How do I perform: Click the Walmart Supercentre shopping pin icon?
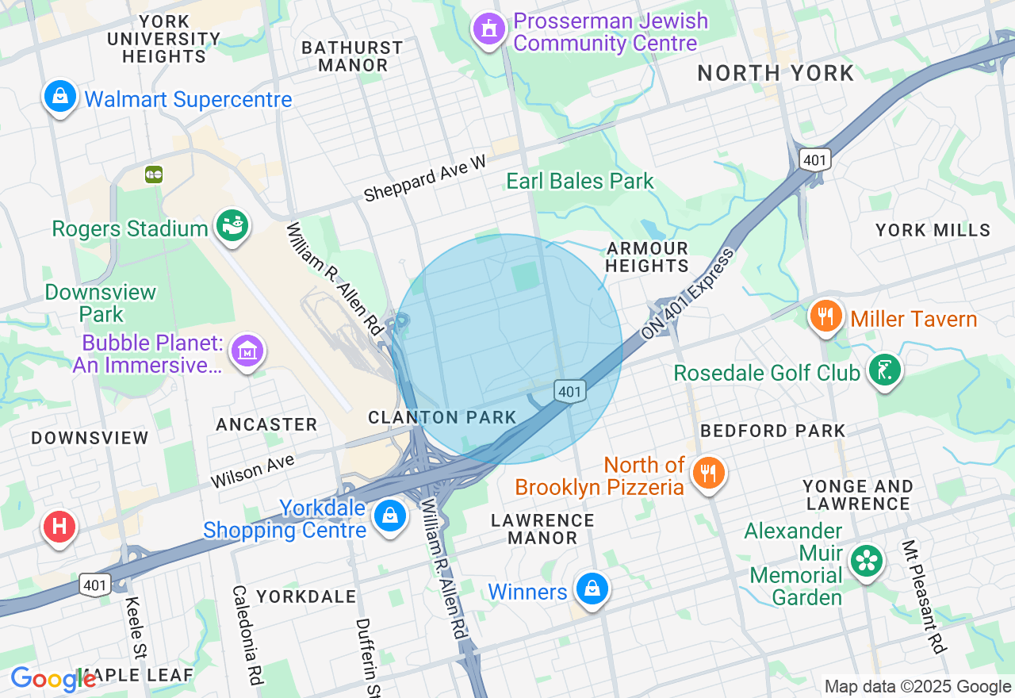[59, 97]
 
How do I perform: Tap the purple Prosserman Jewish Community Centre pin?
[489, 29]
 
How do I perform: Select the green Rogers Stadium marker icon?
[232, 225]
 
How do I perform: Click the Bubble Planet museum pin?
[247, 350]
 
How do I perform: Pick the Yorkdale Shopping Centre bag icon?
[389, 516]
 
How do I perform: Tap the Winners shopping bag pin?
[592, 589]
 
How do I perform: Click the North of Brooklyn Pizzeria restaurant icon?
[708, 473]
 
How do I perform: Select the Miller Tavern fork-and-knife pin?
[825, 316]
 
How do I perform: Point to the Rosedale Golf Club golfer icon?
[884, 370]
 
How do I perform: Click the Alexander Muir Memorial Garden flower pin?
[867, 561]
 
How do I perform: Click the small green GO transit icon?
[154, 174]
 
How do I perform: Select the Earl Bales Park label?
[580, 181]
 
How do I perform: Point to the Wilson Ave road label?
[252, 470]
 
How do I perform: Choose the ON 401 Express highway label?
[688, 293]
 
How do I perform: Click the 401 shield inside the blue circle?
[569, 390]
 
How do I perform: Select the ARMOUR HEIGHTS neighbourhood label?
[647, 257]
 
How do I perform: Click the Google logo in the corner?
[52, 680]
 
